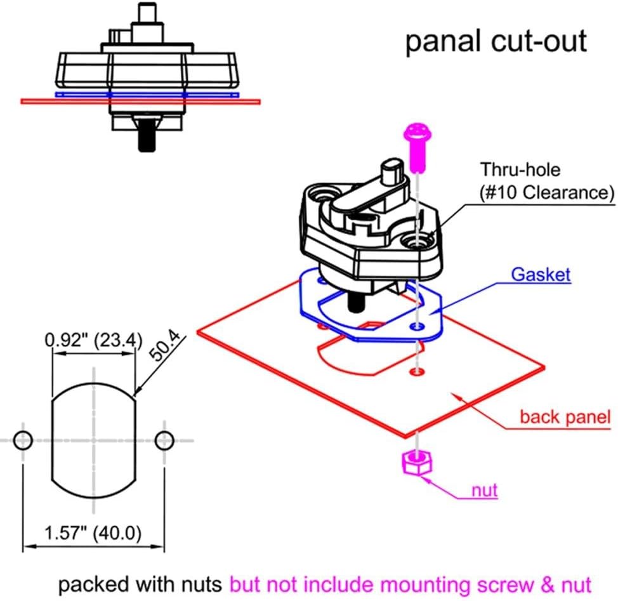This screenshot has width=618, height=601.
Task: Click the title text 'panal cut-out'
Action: click(x=496, y=42)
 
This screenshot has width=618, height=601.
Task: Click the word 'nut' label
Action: click(x=485, y=490)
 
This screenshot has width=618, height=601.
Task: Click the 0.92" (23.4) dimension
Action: click(x=93, y=340)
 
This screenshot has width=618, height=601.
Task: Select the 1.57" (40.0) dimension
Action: click(x=93, y=532)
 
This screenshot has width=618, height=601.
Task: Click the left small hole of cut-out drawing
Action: click(x=22, y=439)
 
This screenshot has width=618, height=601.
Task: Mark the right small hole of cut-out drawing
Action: click(x=164, y=439)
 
